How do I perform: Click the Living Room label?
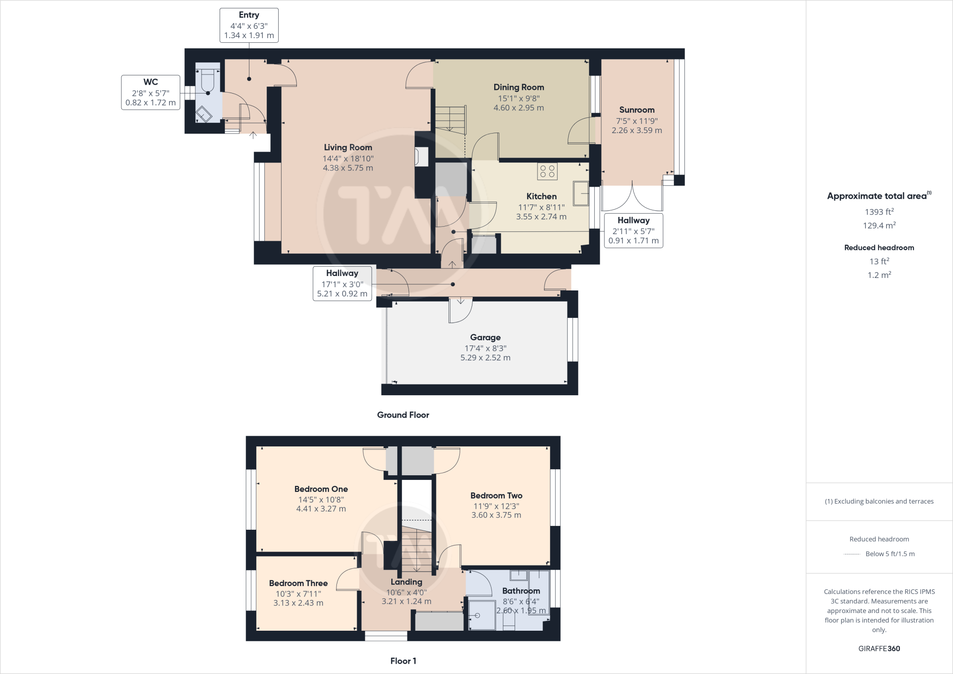(348, 148)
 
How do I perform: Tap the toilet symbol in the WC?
(208, 80)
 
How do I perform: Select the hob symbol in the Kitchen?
(547, 171)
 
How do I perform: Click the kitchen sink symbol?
(581, 193)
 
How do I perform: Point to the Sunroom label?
(637, 110)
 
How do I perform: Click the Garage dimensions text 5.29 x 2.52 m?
(485, 358)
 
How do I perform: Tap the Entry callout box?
(249, 25)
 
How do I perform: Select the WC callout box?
(150, 92)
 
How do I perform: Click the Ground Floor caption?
(403, 415)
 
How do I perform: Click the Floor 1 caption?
(403, 661)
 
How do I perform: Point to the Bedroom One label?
(321, 489)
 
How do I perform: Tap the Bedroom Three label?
(298, 583)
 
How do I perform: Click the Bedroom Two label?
(496, 495)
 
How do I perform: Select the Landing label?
(406, 582)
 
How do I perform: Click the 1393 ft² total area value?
(879, 212)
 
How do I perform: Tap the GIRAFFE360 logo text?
(879, 648)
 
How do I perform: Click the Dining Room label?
(518, 87)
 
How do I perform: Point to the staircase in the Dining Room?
(450, 119)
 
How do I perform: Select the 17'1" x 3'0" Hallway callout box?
(342, 283)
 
